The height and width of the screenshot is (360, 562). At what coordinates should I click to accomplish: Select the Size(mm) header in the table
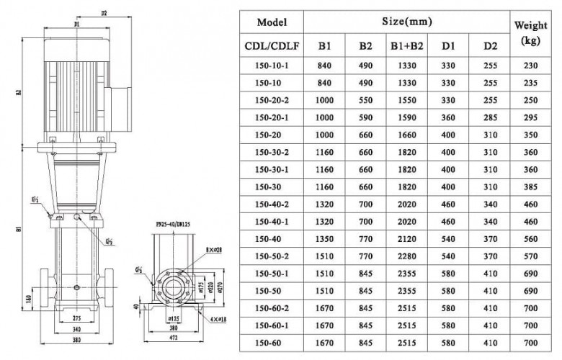407,22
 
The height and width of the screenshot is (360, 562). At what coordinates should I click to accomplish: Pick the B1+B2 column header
407,47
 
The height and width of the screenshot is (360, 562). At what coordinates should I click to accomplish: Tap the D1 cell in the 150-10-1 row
448,66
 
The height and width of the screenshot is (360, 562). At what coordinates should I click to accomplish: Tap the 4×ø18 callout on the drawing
214,318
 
